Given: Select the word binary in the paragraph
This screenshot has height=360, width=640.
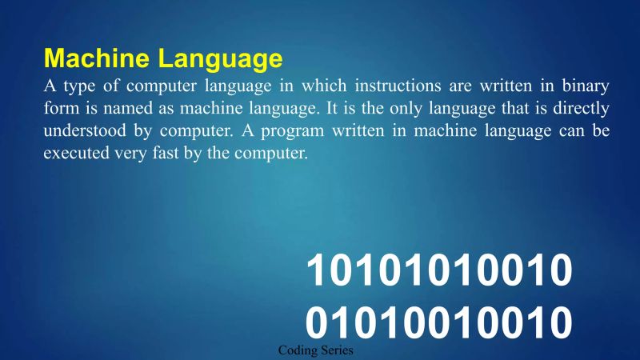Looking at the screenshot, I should click(x=588, y=86).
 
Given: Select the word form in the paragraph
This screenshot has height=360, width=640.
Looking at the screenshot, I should click(x=58, y=108).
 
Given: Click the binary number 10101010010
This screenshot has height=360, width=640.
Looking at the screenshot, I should click(x=440, y=273).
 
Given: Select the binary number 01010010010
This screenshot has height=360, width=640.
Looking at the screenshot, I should click(x=440, y=322).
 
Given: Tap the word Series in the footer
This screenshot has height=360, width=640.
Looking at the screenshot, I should click(x=335, y=351).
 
